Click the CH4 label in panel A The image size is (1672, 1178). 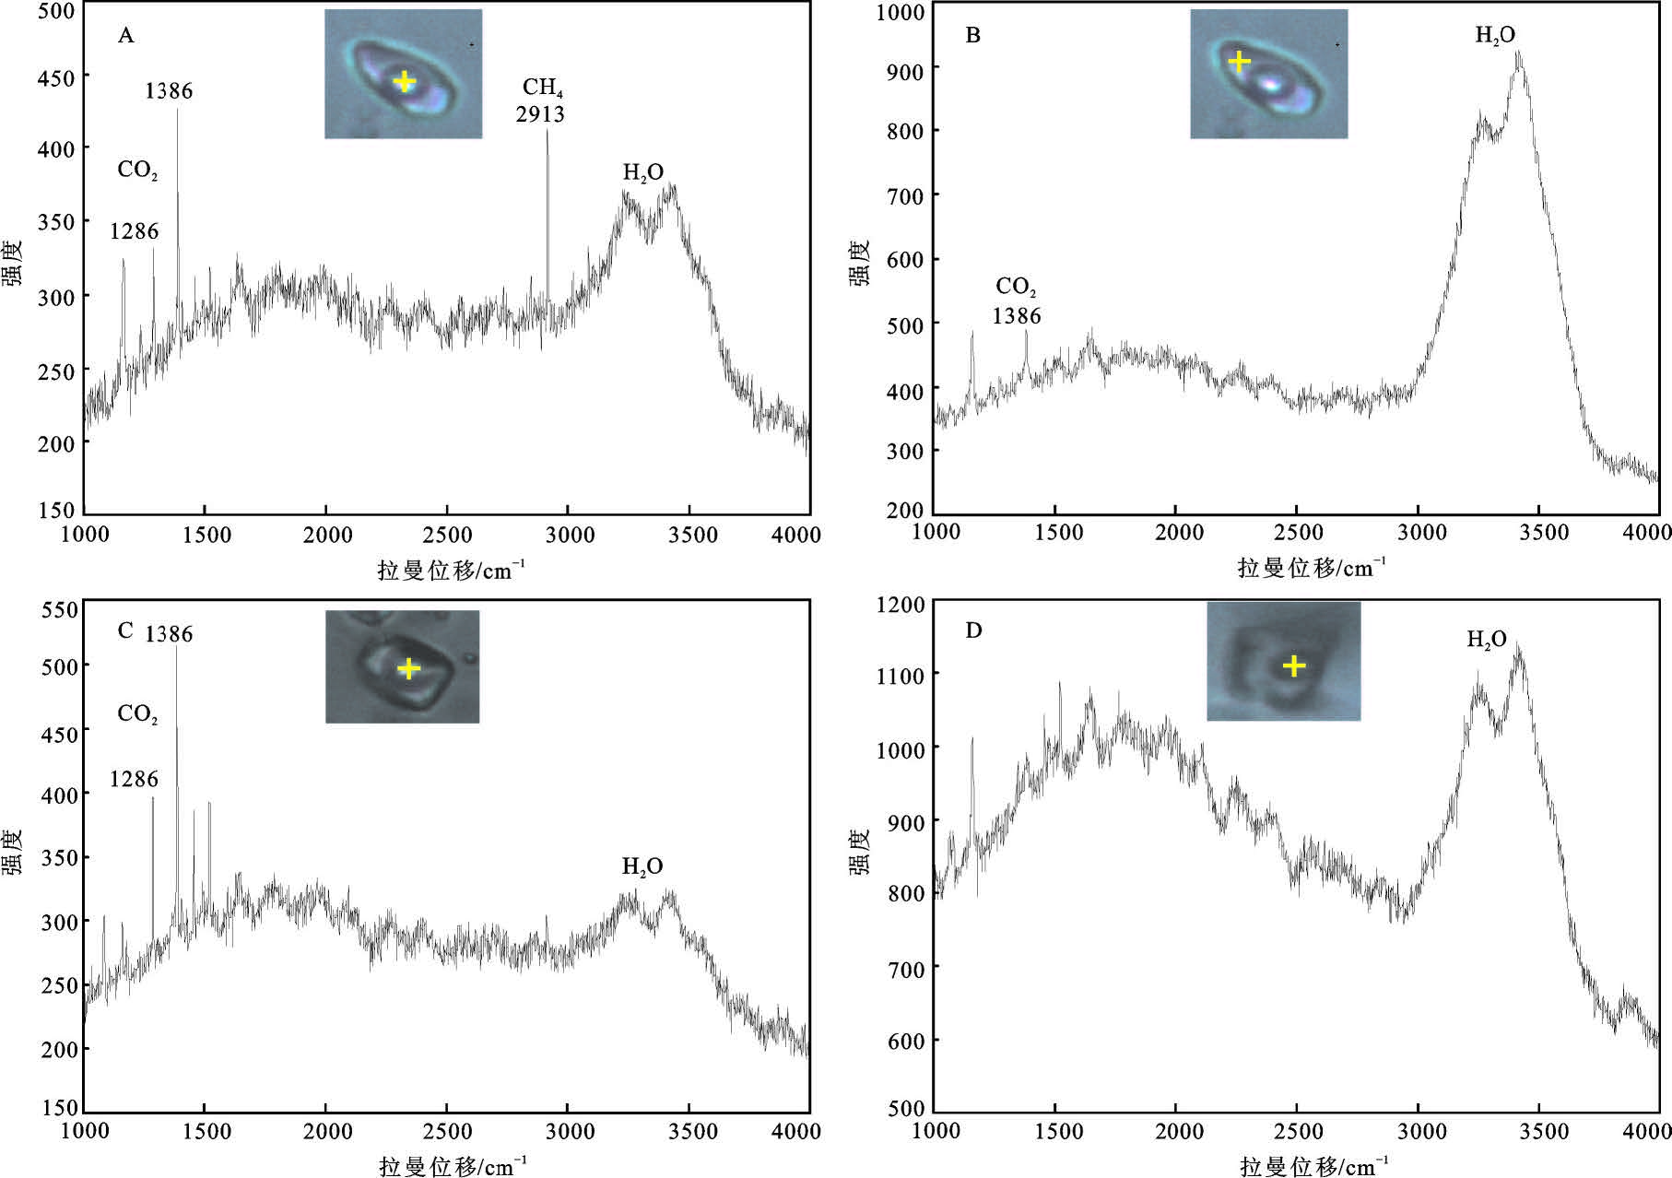542,88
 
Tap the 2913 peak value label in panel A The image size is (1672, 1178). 540,114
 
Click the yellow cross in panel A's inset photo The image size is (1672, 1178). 404,81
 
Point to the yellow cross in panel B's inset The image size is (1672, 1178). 1240,62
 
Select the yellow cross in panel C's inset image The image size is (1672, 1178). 408,668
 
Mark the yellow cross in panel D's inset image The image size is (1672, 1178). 1294,666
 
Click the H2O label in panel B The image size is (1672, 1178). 1494,36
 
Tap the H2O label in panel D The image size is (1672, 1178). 1486,640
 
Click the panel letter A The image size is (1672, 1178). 126,36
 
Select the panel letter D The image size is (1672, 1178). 973,630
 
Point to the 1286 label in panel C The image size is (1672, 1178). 134,780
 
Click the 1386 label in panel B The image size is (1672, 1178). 1016,316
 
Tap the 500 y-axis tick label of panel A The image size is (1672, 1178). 56,11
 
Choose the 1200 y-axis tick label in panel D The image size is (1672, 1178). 900,605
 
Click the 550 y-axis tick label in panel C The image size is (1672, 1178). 59,610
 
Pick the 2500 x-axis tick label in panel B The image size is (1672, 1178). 1297,532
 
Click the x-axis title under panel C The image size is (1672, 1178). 452,1166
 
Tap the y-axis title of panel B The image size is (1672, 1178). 859,263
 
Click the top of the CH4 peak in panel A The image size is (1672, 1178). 548,131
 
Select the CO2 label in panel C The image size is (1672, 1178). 137,714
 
